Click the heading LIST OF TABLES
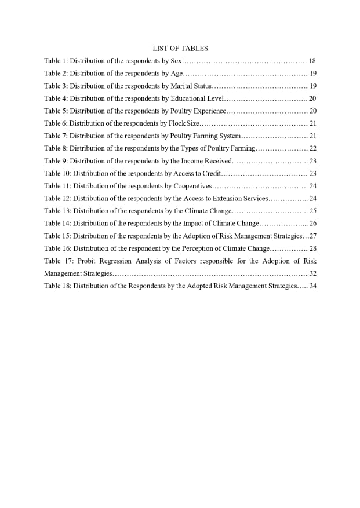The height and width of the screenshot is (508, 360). coord(180,49)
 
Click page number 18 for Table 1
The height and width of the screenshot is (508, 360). coord(312,61)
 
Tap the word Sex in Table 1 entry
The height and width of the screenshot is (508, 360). coord(176,61)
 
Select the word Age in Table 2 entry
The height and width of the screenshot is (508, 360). coord(176,74)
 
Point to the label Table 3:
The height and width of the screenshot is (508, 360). coord(56,86)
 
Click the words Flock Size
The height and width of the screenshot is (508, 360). coord(184,123)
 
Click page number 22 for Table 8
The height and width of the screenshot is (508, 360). coord(313,148)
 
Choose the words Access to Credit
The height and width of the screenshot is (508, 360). coord(197,174)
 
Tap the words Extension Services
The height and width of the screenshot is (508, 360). coord(243,199)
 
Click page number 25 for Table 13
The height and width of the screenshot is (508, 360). coord(313,211)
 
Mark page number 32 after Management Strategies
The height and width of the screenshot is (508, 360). coord(313,273)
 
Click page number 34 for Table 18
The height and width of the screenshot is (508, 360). coord(313,286)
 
